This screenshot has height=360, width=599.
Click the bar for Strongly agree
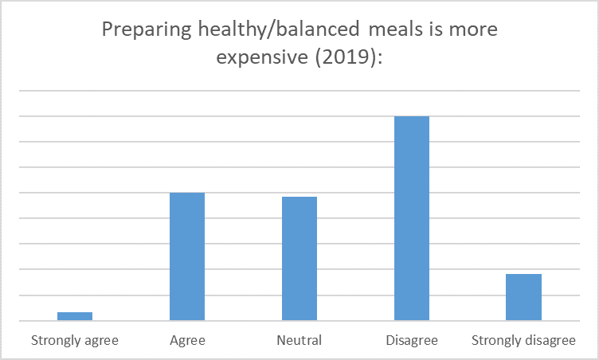74,316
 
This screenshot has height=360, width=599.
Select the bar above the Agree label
187,256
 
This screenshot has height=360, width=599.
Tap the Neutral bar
299,258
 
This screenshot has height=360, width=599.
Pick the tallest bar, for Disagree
412,218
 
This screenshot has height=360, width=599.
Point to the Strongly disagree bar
523,297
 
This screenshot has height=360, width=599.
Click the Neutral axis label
299,341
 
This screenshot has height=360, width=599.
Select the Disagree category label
412,341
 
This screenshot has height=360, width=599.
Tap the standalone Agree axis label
187,341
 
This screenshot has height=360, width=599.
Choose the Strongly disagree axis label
523,341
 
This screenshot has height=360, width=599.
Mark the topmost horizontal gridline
299,91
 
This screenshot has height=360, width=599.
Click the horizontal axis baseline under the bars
299,321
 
